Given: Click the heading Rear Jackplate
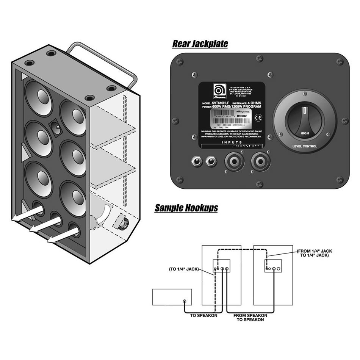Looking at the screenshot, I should point(200,44).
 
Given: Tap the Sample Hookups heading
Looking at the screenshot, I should point(186,208).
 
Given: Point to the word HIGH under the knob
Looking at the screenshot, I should point(305,133).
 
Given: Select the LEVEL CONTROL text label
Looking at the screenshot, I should point(305,146).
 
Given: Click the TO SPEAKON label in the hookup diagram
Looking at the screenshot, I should point(204,315).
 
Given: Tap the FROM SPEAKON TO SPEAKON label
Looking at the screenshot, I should point(250,317).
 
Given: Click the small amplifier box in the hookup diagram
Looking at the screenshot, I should point(172,297).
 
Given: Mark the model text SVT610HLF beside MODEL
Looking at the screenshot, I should point(221,103).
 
